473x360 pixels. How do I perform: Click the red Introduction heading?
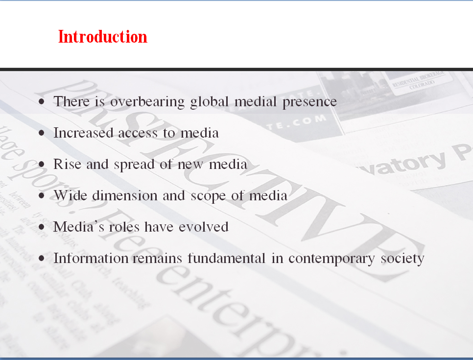[x=102, y=37]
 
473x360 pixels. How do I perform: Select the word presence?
[x=309, y=102]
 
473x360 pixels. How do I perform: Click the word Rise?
[x=68, y=164]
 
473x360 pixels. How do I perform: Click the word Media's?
[x=75, y=227]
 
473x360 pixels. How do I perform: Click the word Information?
[x=92, y=258]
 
